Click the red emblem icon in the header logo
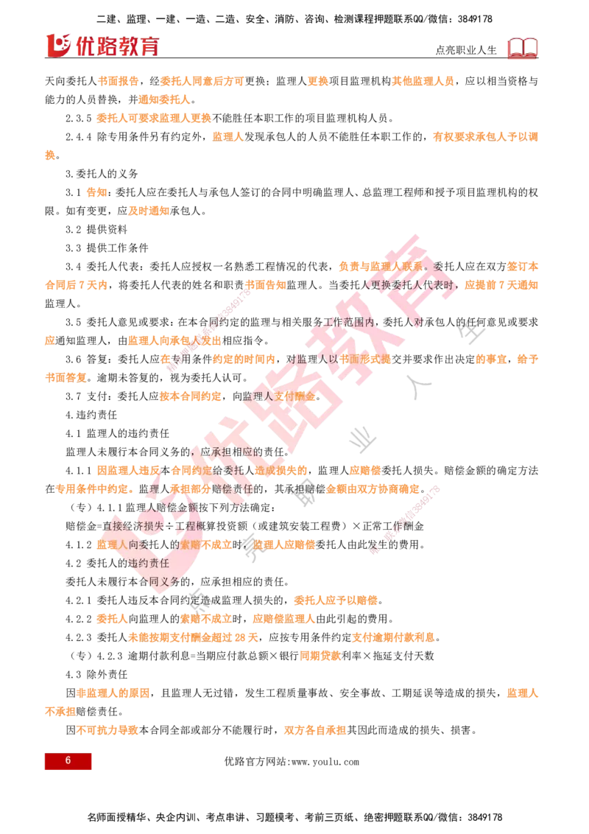(x=57, y=45)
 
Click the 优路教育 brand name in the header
(x=116, y=46)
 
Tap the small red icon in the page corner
(x=523, y=48)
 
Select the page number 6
(x=68, y=761)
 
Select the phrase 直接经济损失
(x=129, y=526)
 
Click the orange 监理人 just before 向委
(x=111, y=545)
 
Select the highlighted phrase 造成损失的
(x=281, y=470)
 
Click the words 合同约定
(x=191, y=470)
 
